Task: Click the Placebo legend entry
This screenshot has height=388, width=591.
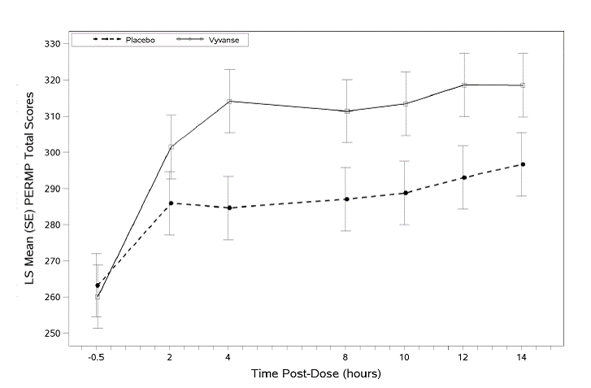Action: click(x=140, y=39)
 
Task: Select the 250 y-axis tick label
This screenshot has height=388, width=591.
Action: click(x=54, y=334)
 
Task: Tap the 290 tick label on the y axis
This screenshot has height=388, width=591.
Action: click(x=54, y=189)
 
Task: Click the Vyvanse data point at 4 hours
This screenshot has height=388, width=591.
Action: click(x=230, y=102)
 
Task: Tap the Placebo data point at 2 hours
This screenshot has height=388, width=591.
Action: click(x=171, y=203)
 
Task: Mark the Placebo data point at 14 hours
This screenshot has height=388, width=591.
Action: click(x=523, y=164)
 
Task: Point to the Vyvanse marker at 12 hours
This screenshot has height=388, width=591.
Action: click(x=464, y=85)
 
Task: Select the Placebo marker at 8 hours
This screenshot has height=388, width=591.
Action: click(x=347, y=199)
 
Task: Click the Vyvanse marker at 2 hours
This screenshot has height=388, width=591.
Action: click(x=171, y=147)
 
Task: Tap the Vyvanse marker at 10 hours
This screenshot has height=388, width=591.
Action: click(x=406, y=103)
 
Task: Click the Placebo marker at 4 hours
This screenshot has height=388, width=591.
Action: click(x=230, y=207)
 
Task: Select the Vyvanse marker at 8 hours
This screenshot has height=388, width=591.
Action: click(x=347, y=111)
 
